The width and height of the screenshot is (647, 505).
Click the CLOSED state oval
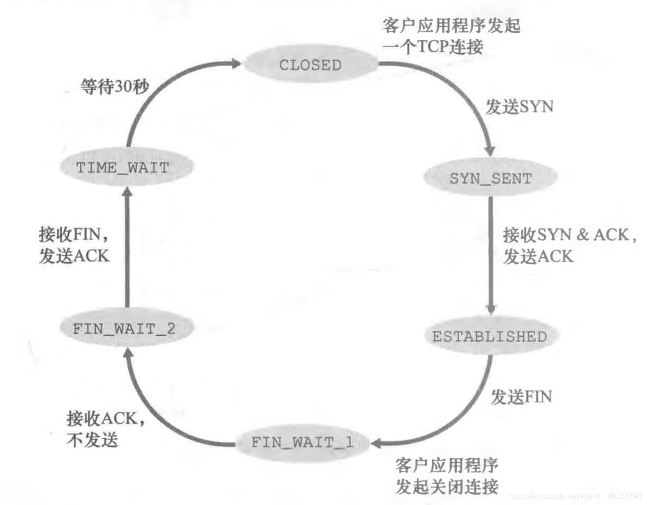tap(310, 64)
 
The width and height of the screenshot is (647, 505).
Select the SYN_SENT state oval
tap(490, 178)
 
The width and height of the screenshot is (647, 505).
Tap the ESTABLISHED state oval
tap(489, 336)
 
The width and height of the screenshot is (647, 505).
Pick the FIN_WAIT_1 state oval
tap(302, 442)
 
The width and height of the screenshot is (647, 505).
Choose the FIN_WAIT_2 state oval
tap(124, 328)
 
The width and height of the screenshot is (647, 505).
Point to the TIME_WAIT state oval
tap(123, 167)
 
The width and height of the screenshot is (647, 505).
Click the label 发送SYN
tap(519, 106)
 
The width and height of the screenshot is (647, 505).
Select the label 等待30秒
tap(114, 87)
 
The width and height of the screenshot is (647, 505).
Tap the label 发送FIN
tap(522, 396)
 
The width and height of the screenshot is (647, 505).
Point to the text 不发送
tap(93, 439)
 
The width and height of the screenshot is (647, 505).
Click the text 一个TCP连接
tap(433, 47)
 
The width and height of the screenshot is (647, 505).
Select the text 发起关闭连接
tap(447, 486)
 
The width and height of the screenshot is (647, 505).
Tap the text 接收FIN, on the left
tap(74, 234)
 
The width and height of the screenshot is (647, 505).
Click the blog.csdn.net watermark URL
tap(576, 496)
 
